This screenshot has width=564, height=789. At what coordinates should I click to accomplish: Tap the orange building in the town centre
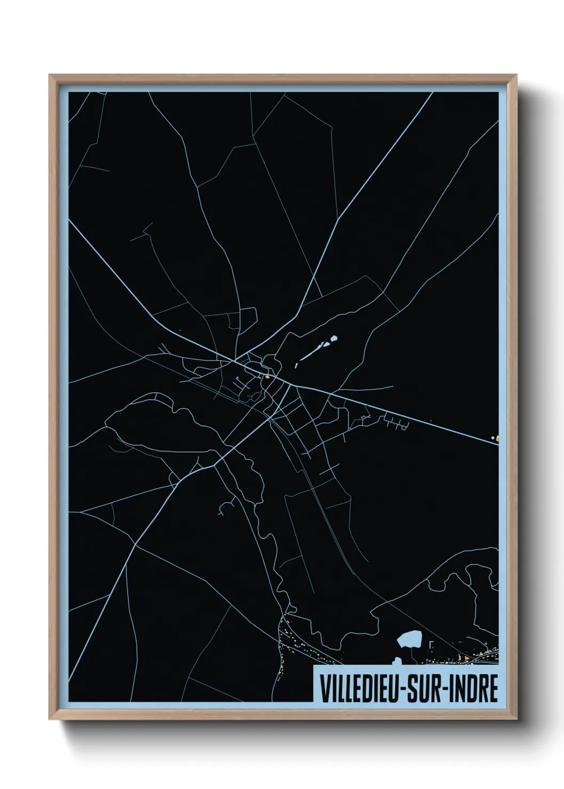[x=267, y=377]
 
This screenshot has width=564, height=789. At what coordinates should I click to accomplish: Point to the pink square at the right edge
[x=493, y=438]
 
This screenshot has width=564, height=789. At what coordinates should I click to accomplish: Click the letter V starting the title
[x=323, y=689]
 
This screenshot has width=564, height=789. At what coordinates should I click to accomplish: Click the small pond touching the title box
[x=397, y=662]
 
